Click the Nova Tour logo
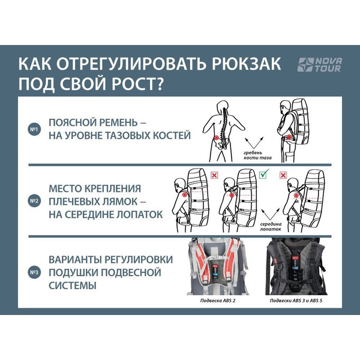(319, 65)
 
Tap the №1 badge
(34, 129)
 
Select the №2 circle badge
(34, 201)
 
